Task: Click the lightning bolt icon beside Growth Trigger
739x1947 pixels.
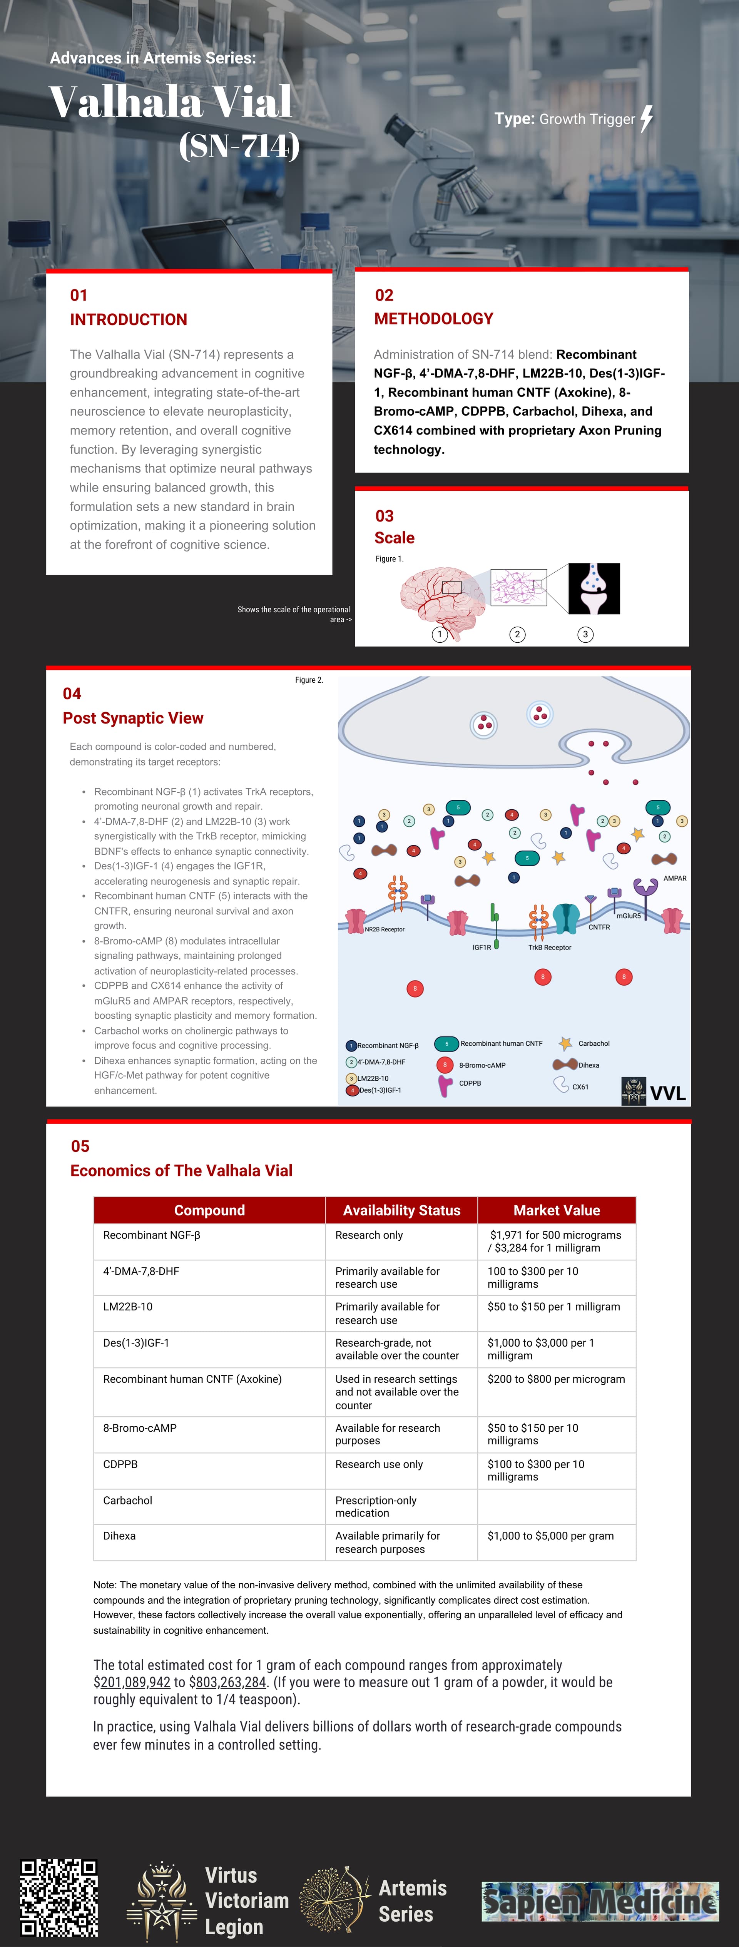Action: click(647, 119)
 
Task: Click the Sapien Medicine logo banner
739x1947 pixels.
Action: click(600, 1902)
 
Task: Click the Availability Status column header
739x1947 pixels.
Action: click(401, 1210)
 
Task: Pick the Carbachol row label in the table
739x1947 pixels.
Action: click(128, 1500)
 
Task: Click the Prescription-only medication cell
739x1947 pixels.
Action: click(376, 1506)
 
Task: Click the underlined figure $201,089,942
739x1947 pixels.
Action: click(132, 1683)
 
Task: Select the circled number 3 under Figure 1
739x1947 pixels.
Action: click(585, 634)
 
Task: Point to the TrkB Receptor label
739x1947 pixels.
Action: click(549, 947)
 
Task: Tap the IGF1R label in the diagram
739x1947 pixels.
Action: click(482, 947)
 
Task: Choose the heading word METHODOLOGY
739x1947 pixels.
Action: click(434, 319)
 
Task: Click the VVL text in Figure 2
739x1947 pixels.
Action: click(668, 1093)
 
